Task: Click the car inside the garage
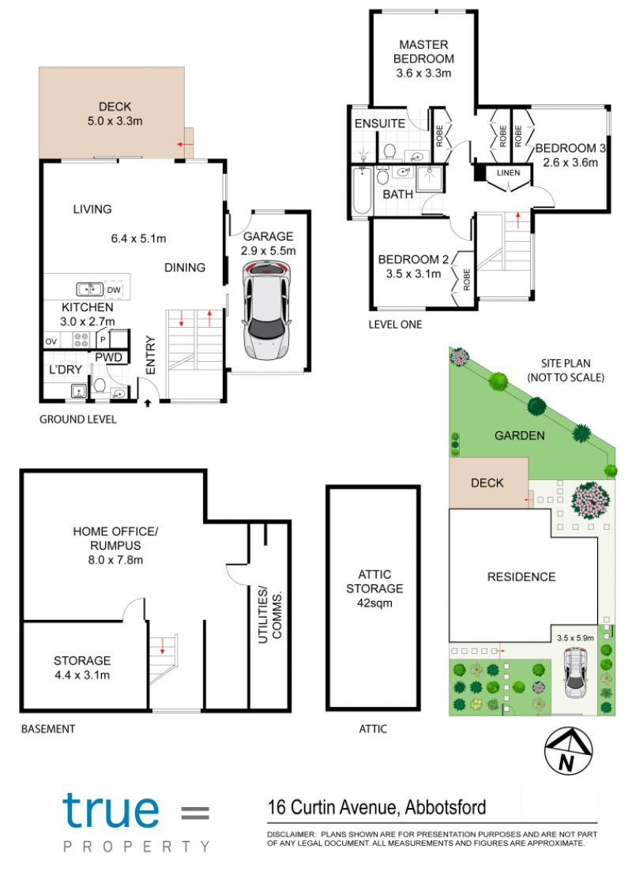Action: click(266, 310)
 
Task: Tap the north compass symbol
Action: click(568, 751)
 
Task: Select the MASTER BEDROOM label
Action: click(423, 51)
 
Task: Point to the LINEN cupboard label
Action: click(508, 172)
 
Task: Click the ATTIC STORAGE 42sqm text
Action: click(374, 588)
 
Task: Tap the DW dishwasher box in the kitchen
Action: click(114, 290)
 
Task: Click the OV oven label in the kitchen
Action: click(51, 341)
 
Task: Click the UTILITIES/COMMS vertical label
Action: click(270, 616)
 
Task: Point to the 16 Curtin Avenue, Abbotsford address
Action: click(377, 807)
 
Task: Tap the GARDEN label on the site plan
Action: click(520, 436)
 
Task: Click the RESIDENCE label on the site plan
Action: click(521, 577)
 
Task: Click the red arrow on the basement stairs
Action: click(163, 646)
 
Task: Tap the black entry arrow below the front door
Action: click(148, 403)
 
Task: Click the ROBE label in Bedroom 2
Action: click(467, 280)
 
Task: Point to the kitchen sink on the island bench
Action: click(89, 290)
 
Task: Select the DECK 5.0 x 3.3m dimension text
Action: click(115, 121)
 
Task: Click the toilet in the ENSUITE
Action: click(389, 152)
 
